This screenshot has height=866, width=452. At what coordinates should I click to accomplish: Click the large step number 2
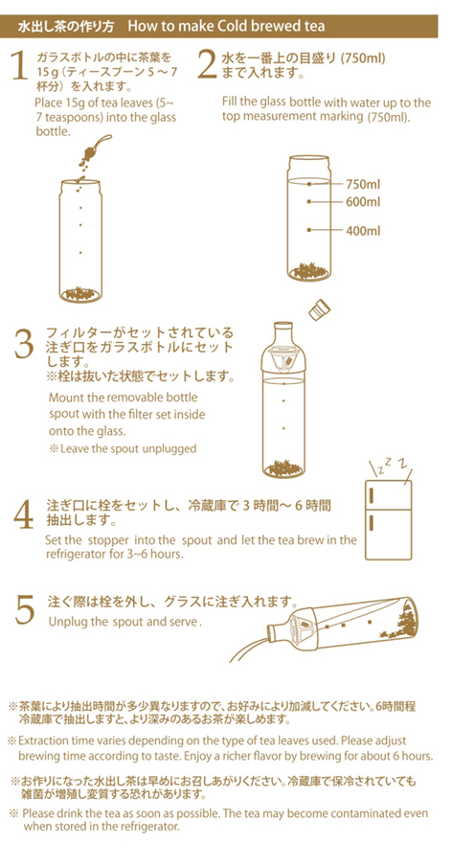click(207, 66)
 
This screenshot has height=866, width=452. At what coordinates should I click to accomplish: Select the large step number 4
click(24, 514)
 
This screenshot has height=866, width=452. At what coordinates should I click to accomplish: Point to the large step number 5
click(26, 610)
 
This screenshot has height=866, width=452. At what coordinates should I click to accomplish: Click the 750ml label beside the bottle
click(363, 184)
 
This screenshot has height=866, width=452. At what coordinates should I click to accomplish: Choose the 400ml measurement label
click(363, 230)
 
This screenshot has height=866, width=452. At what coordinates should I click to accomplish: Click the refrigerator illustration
click(388, 520)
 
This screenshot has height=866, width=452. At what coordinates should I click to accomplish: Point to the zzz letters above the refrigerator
click(393, 467)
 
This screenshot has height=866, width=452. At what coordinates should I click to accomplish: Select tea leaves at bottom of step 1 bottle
click(80, 293)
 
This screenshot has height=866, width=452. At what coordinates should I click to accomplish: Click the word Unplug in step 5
click(64, 622)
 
